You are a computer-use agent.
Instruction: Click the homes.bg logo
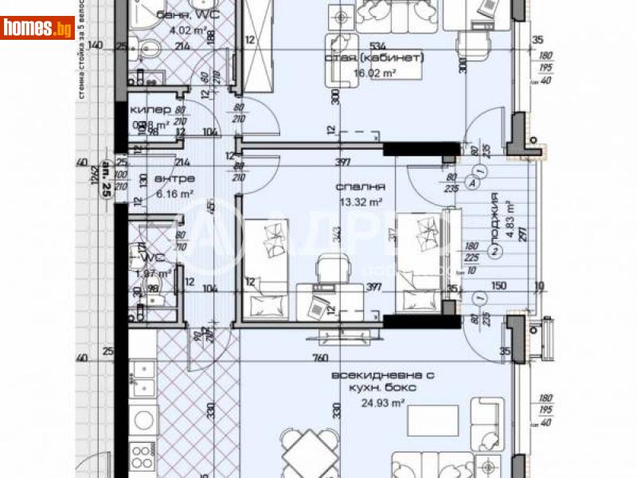coord(38,28)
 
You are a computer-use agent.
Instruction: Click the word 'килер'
coord(149,111)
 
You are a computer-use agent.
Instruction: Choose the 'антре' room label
coord(152,179)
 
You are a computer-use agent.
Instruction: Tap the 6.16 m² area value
coord(152,193)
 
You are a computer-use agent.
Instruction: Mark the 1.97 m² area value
coord(152,273)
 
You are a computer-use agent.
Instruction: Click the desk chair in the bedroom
coord(328,266)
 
